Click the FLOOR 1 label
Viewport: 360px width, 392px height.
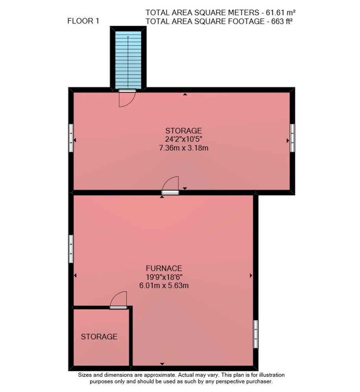pyautogui.click(x=83, y=21)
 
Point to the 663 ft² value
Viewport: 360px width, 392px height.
pyautogui.click(x=282, y=22)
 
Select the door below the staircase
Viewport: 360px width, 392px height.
pyautogui.click(x=127, y=98)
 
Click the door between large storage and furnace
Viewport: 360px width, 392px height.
pyautogui.click(x=171, y=185)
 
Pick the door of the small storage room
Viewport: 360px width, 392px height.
pyautogui.click(x=118, y=300)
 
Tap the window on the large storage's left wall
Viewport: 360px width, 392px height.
pyautogui.click(x=71, y=138)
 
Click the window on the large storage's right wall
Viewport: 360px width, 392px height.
pyautogui.click(x=292, y=138)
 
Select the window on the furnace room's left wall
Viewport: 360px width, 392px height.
pyautogui.click(x=71, y=249)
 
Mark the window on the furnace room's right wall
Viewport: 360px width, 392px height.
pyautogui.click(x=255, y=334)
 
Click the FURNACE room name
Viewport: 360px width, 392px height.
pyautogui.click(x=164, y=269)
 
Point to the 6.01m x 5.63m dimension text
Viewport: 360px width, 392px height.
pyautogui.click(x=164, y=285)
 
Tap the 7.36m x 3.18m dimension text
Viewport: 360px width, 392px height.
pyautogui.click(x=184, y=148)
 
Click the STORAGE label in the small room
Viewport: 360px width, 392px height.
pyautogui.click(x=99, y=337)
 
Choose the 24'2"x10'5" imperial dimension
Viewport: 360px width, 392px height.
pyautogui.click(x=184, y=139)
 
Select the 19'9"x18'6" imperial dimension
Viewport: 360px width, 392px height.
pyautogui.click(x=164, y=277)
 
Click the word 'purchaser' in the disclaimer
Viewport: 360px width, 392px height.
pyautogui.click(x=260, y=382)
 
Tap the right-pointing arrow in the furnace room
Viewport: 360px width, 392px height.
pyautogui.click(x=251, y=276)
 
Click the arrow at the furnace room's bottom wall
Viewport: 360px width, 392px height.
pyautogui.click(x=162, y=364)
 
